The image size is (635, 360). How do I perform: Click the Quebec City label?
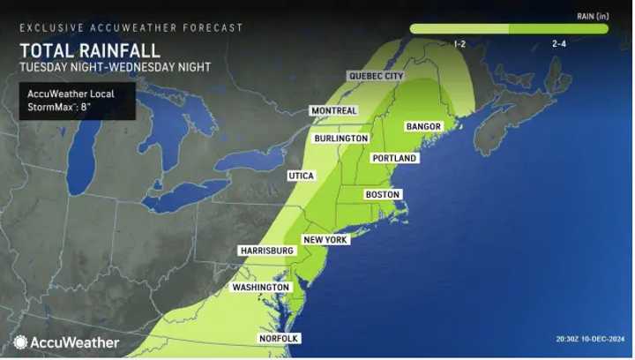point(377,77)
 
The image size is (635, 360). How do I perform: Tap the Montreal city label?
point(333,111)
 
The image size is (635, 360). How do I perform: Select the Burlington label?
point(340,139)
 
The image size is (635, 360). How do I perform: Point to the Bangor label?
point(423,127)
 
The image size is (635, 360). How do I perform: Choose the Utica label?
point(301,176)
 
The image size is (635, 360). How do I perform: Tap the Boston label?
point(383,194)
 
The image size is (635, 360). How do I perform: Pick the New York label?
point(325,240)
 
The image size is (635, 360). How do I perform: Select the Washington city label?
point(261,288)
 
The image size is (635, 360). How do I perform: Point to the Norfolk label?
point(279,339)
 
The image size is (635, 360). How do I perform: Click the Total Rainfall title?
point(91,51)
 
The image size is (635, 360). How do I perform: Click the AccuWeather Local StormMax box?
point(77,101)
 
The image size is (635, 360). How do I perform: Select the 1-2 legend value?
point(459,43)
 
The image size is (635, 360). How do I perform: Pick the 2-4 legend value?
point(559,43)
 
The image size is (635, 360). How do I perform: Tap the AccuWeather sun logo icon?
point(20,342)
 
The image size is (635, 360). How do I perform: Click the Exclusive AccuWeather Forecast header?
point(131,28)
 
